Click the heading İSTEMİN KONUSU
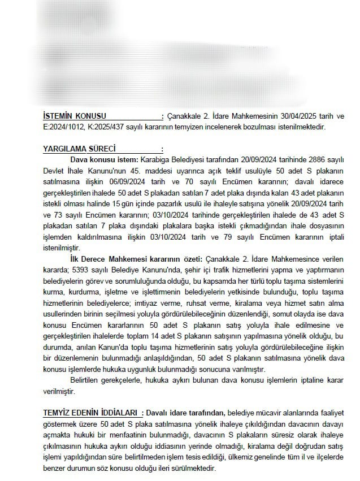(74, 116)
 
